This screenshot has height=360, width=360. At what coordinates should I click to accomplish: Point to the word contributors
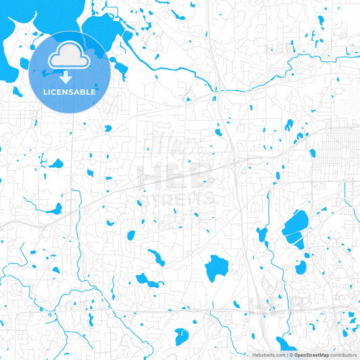pyautogui.click(x=343, y=355)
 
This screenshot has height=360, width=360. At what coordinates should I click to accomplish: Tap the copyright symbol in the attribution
pyautogui.click(x=289, y=355)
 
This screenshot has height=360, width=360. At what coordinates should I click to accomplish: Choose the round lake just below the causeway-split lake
pyautogui.click(x=301, y=267)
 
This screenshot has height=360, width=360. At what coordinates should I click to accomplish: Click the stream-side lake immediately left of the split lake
pyautogui.click(x=262, y=234)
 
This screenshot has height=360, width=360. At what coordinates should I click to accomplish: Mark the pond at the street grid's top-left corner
pyautogui.click(x=312, y=153)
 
